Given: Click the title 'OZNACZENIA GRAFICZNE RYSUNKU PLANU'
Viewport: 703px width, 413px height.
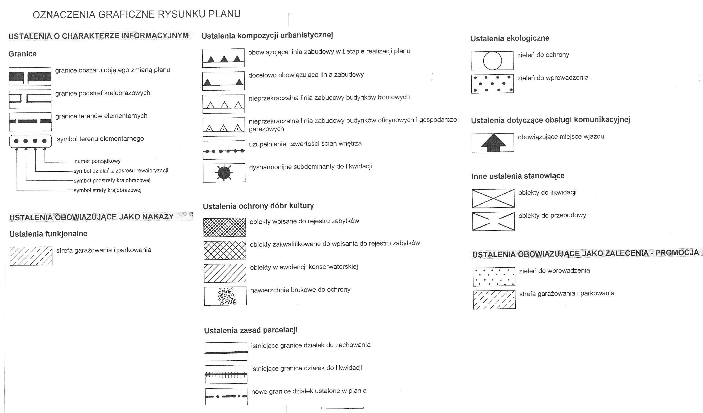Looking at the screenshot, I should [136, 14].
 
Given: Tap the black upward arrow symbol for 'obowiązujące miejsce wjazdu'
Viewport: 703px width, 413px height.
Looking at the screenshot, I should [493, 142].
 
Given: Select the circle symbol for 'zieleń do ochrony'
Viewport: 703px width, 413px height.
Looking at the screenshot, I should [492, 61].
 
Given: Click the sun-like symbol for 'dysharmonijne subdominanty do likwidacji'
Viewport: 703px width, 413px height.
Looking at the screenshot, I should [224, 173].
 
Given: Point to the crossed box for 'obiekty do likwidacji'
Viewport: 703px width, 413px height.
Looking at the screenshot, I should [493, 198].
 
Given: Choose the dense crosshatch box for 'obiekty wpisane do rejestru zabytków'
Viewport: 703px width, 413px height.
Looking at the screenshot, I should [224, 227].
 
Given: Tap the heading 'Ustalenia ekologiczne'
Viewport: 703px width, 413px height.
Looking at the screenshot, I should [510, 38].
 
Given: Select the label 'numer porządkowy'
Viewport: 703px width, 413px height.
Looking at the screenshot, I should [97, 161].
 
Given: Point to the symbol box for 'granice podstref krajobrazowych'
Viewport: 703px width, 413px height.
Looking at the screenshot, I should [30, 99].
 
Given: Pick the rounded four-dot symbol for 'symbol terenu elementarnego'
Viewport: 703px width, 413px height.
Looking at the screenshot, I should [30, 141].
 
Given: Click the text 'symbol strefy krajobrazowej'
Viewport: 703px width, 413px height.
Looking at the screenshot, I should [108, 190].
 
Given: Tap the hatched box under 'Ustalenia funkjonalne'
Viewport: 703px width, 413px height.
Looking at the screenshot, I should [31, 256].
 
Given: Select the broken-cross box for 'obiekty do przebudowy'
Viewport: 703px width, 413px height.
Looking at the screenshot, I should [493, 222].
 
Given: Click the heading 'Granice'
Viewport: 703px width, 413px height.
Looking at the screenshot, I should [22, 54].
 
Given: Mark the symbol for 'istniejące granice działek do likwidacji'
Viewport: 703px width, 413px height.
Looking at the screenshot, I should [226, 374].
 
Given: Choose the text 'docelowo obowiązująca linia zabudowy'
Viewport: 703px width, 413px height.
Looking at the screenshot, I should [306, 75].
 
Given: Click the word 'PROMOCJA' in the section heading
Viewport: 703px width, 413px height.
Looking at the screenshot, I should [677, 253].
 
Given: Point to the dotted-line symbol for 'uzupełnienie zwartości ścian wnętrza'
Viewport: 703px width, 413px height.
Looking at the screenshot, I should [224, 151].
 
